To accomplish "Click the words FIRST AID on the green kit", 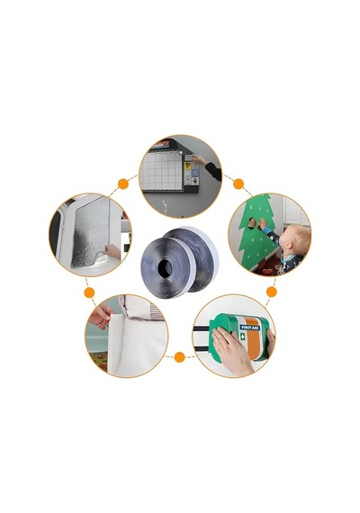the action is coord(249,328).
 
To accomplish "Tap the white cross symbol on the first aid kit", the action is coord(242,337).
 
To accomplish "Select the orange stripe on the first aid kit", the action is coord(253,339).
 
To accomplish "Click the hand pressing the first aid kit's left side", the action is coord(231,351).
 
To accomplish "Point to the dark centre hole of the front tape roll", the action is coord(165,269).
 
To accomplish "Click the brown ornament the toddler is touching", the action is coord(252,223).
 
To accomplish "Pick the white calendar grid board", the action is coord(161,171).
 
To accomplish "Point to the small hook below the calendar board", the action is coord(166,207).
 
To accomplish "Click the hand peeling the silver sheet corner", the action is coord(112,251).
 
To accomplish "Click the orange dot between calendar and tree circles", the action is coord(238,184).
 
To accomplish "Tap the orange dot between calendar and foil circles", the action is coord(123,184).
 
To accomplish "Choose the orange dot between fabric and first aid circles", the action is coord(179,357).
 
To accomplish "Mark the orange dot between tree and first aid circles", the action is coord(271,292).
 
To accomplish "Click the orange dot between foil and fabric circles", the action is coord(89,292).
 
